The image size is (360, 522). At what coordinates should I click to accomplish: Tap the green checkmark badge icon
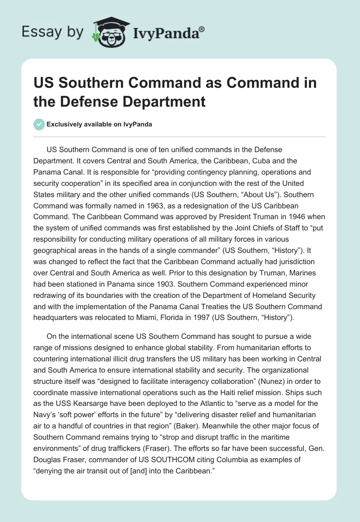tap(39, 125)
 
